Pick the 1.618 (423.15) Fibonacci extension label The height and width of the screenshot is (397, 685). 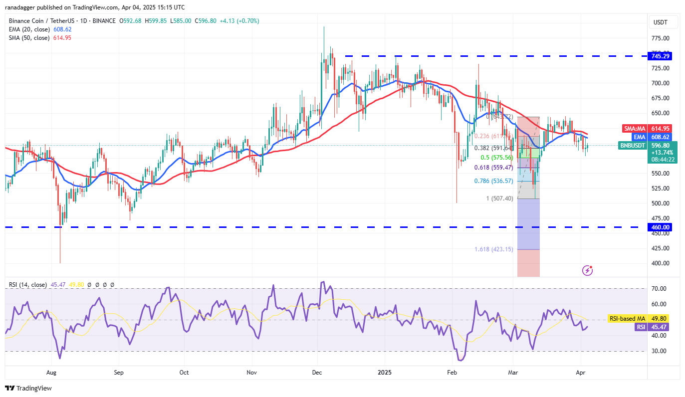494,249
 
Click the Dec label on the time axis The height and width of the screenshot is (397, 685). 316,372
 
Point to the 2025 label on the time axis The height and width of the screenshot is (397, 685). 384,372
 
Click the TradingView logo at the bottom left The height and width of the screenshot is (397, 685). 29,388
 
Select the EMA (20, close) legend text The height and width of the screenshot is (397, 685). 28,29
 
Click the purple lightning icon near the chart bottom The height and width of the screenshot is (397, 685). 588,270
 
